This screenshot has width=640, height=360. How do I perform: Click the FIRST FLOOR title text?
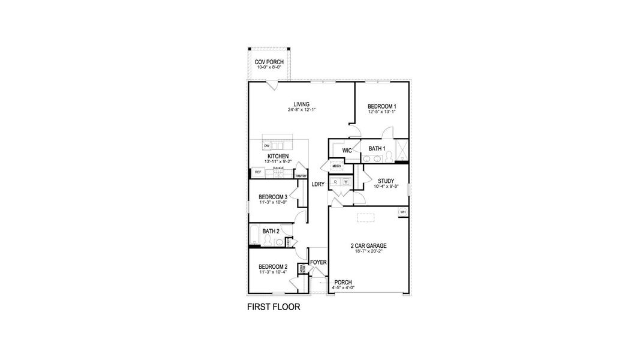pyautogui.click(x=274, y=307)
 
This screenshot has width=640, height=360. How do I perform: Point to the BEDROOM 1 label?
pyautogui.click(x=381, y=106)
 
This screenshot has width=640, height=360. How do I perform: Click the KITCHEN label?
pyautogui.click(x=270, y=157)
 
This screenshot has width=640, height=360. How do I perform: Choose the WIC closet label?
pyautogui.click(x=346, y=150)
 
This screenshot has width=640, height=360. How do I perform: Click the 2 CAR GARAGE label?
pyautogui.click(x=368, y=246)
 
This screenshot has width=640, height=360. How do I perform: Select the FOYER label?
pyautogui.click(x=318, y=262)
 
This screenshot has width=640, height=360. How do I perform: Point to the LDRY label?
pyautogui.click(x=317, y=184)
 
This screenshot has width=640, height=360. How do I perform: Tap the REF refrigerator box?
pyautogui.click(x=258, y=172)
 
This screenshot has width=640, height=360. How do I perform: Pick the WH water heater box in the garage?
pyautogui.click(x=402, y=212)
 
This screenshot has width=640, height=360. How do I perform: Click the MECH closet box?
pyautogui.click(x=336, y=166)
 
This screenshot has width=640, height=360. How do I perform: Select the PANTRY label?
pyautogui.click(x=301, y=176)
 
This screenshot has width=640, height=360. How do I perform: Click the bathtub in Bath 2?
pyautogui.click(x=255, y=236)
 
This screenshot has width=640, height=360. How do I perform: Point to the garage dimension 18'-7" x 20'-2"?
pyautogui.click(x=368, y=251)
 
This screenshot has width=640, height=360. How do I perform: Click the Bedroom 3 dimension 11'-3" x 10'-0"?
pyautogui.click(x=273, y=202)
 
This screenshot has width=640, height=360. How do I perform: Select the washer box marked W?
pyautogui.click(x=345, y=181)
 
